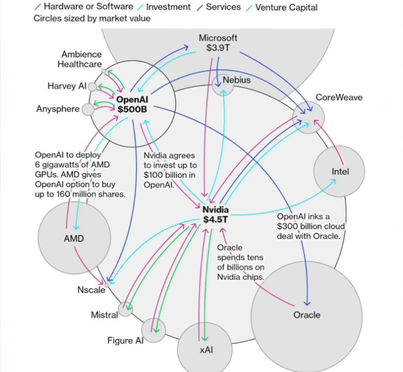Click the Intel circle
tap(340, 172)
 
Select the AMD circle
tap(74, 238)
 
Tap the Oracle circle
tap(306, 315)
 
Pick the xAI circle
tap(205, 350)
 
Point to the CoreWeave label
tap(338, 97)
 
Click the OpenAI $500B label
tap(132, 104)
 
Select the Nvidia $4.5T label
tap(215, 215)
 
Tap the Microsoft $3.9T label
tap(218, 42)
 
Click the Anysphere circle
tap(88, 109)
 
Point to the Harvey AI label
tap(66, 86)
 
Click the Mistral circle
tap(126, 309)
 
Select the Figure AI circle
tap(153, 330)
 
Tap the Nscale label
tap(91, 290)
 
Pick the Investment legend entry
tap(169, 7)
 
